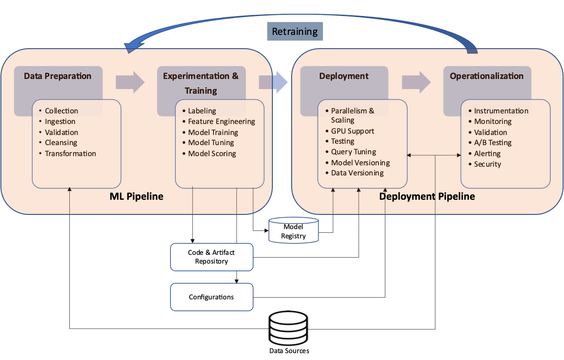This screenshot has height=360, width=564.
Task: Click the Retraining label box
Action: [295, 32]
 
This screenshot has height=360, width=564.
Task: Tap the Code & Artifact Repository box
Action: [211, 257]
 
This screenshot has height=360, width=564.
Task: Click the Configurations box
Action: [211, 297]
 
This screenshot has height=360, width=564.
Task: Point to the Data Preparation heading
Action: [58, 76]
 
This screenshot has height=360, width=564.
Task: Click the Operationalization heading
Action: [486, 76]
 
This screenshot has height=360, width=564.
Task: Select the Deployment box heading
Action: [344, 76]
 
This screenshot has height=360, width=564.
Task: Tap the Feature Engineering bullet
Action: [221, 122]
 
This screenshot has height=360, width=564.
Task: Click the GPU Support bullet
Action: [352, 131]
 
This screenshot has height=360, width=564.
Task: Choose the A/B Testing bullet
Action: [493, 143]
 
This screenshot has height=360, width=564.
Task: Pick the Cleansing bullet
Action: [61, 143]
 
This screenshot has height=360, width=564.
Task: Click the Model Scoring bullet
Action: [212, 154]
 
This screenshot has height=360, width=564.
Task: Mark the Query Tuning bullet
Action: [354, 152]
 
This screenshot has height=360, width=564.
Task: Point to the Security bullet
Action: [487, 164]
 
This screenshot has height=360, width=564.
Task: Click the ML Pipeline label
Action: [136, 197]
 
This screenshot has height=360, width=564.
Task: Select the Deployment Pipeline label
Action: [427, 197]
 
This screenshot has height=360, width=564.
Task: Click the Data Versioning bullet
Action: [357, 173]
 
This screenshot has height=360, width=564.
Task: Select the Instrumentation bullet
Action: [501, 111]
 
